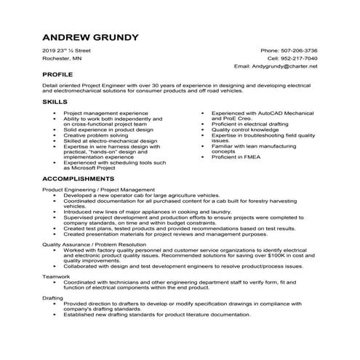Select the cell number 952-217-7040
click(x=300, y=58)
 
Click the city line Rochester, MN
click(x=63, y=58)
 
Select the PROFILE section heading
click(x=57, y=75)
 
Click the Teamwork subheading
click(x=56, y=277)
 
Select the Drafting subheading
click(x=53, y=297)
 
